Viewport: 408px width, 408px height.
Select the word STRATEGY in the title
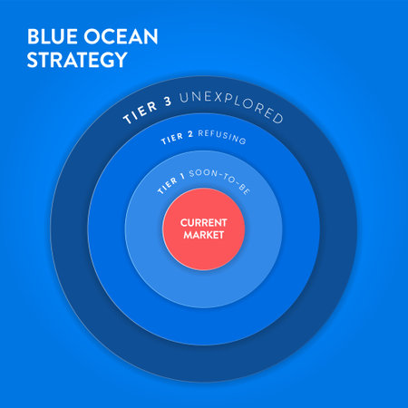coord(77,61)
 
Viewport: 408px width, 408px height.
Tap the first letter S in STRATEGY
coord(33,61)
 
